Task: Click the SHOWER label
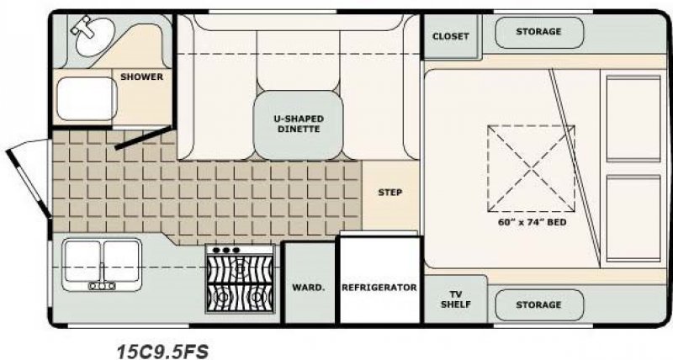coord(141,77)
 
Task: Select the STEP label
coord(389,193)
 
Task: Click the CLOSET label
coord(450,36)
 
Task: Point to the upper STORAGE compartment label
coord(538,32)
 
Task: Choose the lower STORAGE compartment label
coord(538,304)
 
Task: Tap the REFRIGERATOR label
coord(379,288)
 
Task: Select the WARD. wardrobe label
coord(308,288)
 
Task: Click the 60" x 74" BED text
coord(532,224)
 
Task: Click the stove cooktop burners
coord(240,282)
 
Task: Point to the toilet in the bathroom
coord(84,99)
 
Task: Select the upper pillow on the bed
coord(632,116)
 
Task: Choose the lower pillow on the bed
coord(632,216)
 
